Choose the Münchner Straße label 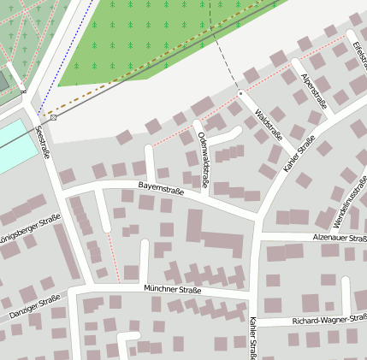pos(173,290)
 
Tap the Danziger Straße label pos(35,308)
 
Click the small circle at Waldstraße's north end pos(240,92)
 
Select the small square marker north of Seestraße pos(54,117)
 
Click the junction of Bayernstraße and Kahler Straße pos(256,219)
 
